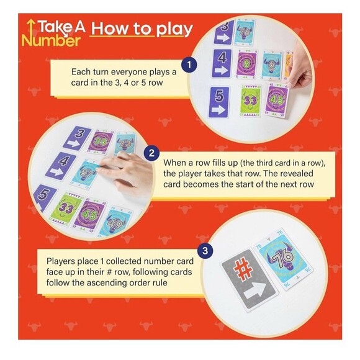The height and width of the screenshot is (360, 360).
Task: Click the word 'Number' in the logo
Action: (51, 40)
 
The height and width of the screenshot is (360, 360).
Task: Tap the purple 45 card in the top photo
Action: (277, 100)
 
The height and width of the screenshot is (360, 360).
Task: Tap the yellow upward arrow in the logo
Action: (27, 29)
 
